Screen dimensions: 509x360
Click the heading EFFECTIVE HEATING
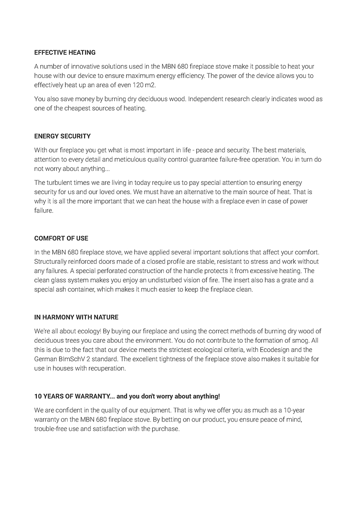pos(65,53)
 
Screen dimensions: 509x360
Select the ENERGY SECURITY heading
pos(62,136)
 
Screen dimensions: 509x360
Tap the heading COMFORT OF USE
pos(61,238)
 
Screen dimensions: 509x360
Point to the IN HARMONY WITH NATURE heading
pos(76,317)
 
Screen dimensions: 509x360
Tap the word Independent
pos(206,99)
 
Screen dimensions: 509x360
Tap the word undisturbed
pos(168,280)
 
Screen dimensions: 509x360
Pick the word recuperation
pos(107,369)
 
